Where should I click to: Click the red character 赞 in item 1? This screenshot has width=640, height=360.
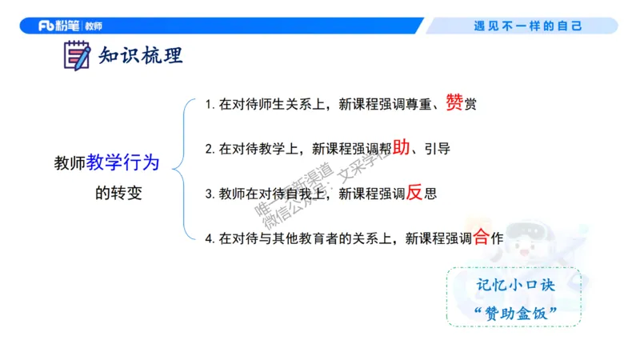pyautogui.click(x=454, y=102)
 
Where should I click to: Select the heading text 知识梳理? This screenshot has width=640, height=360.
pyautogui.click(x=141, y=56)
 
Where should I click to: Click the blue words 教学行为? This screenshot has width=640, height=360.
pyautogui.click(x=123, y=163)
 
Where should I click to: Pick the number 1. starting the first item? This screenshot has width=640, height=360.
pyautogui.click(x=210, y=105)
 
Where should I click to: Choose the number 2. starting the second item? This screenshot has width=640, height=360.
pyautogui.click(x=210, y=149)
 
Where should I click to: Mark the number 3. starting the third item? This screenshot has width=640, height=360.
pyautogui.click(x=210, y=194)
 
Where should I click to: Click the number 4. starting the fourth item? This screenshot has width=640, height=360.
pyautogui.click(x=210, y=238)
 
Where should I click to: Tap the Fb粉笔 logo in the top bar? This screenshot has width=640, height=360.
pyautogui.click(x=58, y=26)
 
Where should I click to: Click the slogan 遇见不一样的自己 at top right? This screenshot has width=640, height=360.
pyautogui.click(x=528, y=26)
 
